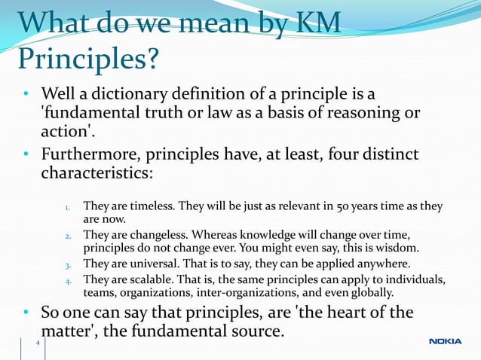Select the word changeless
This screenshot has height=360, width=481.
click(x=160, y=235)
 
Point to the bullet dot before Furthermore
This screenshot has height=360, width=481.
click(x=26, y=155)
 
